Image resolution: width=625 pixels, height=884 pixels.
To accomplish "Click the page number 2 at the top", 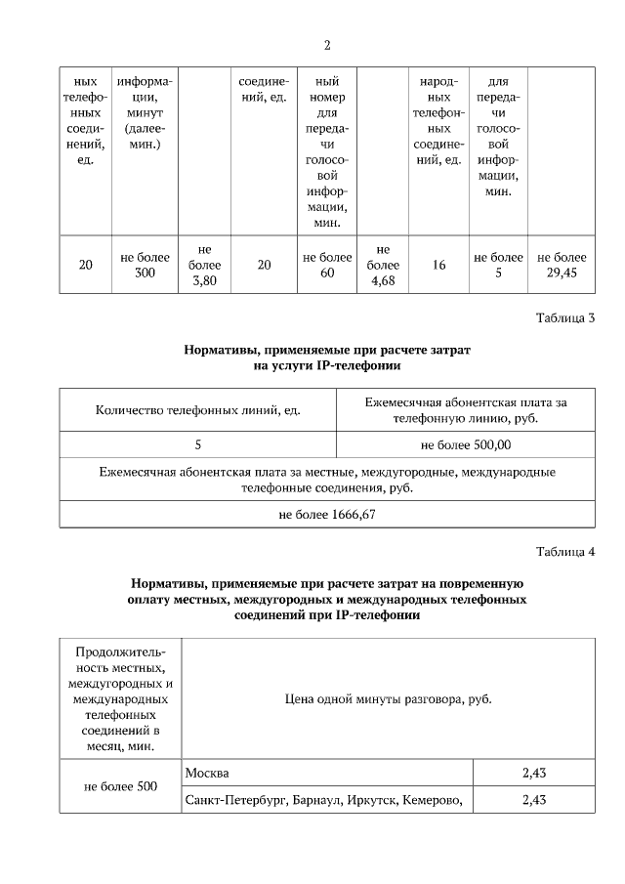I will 327,46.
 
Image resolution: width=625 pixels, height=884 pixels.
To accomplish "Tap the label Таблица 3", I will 565,317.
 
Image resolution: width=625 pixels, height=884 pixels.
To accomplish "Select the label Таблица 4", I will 565,553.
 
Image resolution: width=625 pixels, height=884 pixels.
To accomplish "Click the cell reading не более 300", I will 146,265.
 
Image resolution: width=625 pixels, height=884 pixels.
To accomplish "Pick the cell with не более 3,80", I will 204,265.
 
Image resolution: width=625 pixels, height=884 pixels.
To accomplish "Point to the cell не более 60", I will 327,265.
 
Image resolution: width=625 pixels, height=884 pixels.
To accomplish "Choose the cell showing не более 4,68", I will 383,265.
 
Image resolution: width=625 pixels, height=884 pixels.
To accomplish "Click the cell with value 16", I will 438,265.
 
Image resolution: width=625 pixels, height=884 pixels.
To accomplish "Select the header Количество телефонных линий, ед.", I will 197,410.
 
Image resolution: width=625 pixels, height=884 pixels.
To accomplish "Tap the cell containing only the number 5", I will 197,444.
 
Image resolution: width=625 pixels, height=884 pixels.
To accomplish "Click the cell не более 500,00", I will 465,444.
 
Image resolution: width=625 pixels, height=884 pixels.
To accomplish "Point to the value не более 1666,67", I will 327,514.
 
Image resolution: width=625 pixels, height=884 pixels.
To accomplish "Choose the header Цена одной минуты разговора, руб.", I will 388,698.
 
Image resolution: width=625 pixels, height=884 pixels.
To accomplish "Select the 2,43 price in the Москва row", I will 533,773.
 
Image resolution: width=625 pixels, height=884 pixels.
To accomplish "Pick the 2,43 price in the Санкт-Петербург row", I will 533,800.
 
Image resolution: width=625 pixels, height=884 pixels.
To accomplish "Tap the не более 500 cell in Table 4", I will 120,786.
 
